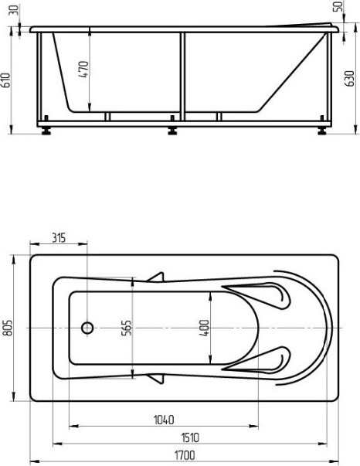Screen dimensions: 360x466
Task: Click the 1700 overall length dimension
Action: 185,455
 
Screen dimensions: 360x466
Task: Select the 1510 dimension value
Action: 190,437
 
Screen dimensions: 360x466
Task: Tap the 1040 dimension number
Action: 164,420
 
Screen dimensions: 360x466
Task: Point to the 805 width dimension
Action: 8,328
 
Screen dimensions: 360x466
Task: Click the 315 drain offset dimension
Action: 59,238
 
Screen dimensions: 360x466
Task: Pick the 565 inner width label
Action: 126,328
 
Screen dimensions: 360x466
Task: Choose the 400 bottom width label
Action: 204,328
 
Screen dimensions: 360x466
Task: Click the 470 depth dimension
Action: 83,70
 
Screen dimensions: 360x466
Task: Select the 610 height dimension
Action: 6,80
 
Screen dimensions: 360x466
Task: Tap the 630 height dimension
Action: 350,79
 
